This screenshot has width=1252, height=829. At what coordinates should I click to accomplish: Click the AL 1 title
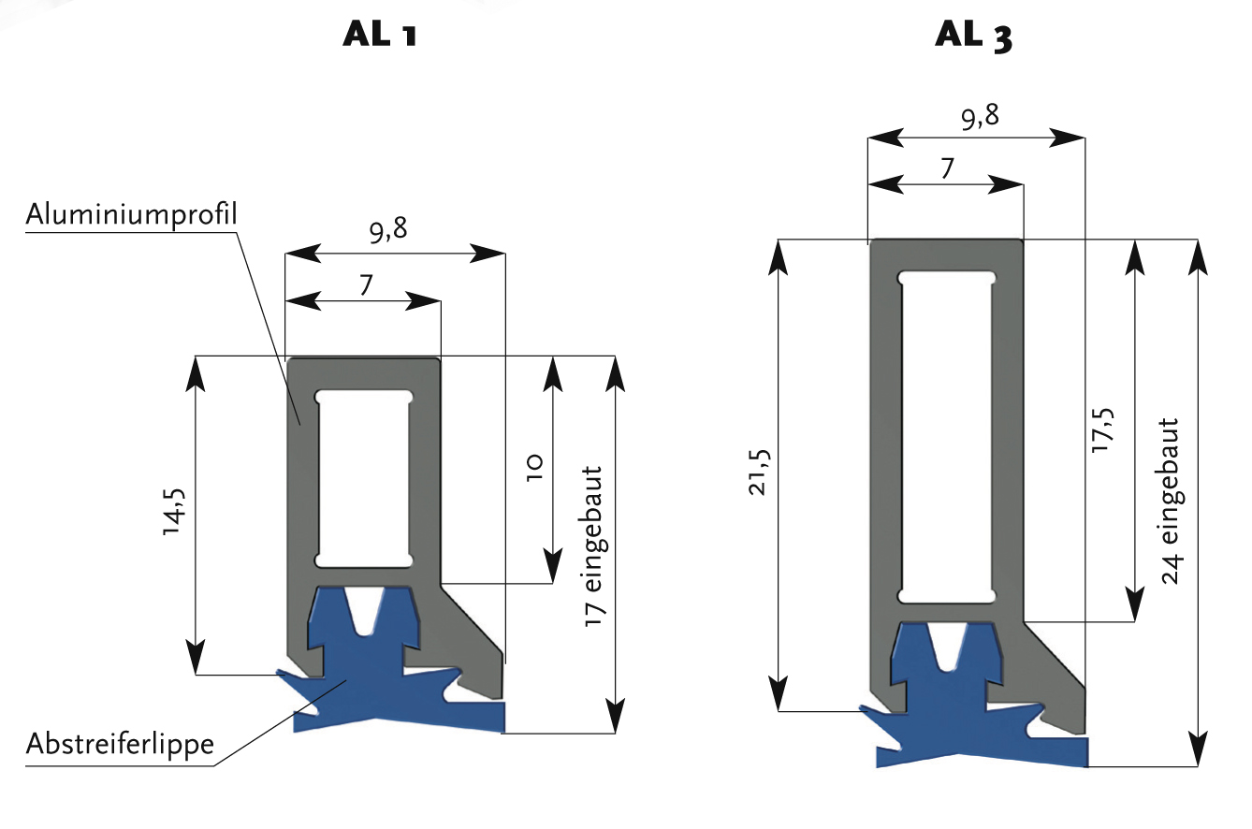point(380,36)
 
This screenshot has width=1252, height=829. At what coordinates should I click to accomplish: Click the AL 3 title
point(974,36)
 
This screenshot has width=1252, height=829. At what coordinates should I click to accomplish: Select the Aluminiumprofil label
point(131,214)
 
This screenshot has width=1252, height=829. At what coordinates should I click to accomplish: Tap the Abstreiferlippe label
point(120,745)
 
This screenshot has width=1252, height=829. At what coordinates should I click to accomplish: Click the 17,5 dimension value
point(1103,430)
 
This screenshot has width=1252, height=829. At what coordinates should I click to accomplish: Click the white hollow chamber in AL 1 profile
point(364,478)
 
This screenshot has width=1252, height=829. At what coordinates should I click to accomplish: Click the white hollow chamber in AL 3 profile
point(946,436)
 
